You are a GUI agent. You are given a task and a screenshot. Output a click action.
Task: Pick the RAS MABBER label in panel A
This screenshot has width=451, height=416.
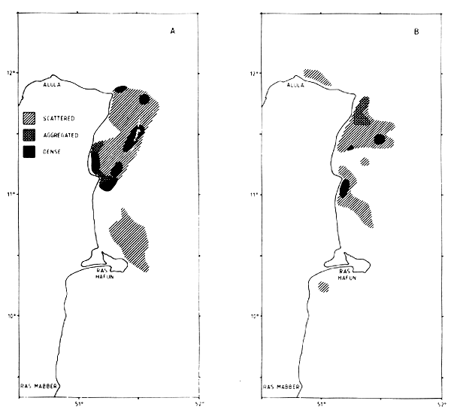(37, 390)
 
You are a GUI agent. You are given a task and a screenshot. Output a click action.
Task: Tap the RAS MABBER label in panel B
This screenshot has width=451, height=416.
(281, 390)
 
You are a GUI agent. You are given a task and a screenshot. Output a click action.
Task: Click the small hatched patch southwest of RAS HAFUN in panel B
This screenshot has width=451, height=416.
(324, 287)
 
